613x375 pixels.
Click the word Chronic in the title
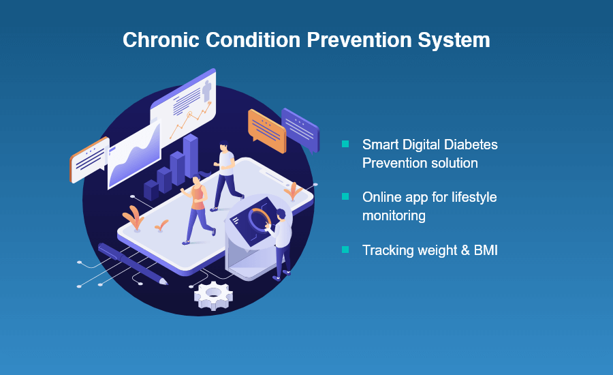(x=161, y=40)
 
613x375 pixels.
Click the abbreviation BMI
(x=486, y=250)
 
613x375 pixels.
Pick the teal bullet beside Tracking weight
(x=345, y=250)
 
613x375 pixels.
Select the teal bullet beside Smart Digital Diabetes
(x=345, y=144)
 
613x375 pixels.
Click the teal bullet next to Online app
(x=345, y=196)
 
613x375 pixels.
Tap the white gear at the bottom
(x=213, y=295)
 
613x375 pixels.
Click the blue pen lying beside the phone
(x=132, y=263)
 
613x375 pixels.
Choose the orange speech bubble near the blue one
(x=267, y=131)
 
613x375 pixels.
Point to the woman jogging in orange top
(x=198, y=209)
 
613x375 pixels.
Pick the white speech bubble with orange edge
(x=89, y=160)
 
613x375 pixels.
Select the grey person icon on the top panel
(x=207, y=91)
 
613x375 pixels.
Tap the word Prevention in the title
(x=359, y=40)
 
